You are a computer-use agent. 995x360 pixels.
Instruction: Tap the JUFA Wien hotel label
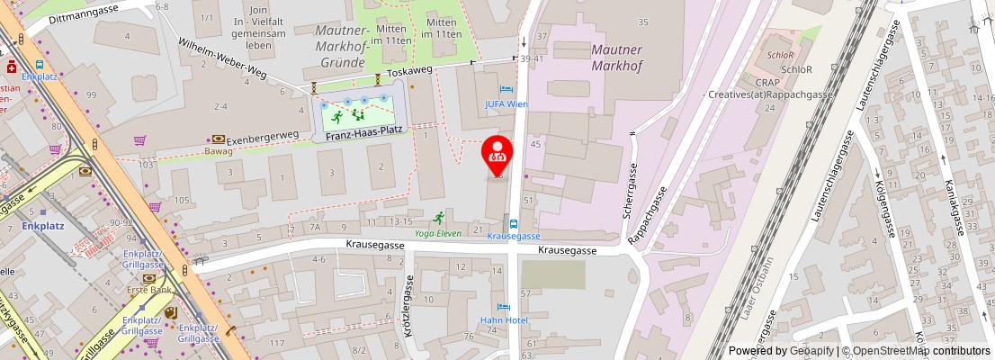506,104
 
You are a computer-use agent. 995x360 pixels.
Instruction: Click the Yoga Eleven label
438,233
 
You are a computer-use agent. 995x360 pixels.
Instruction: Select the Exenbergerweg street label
262,135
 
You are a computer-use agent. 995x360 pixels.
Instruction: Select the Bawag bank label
218,151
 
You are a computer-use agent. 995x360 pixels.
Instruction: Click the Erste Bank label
148,290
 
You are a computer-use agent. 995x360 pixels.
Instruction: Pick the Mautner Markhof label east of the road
616,56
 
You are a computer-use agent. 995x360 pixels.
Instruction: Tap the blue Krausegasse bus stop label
513,236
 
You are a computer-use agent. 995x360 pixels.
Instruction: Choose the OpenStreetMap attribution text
916,351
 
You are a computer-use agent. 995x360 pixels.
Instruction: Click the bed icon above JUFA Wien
506,91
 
